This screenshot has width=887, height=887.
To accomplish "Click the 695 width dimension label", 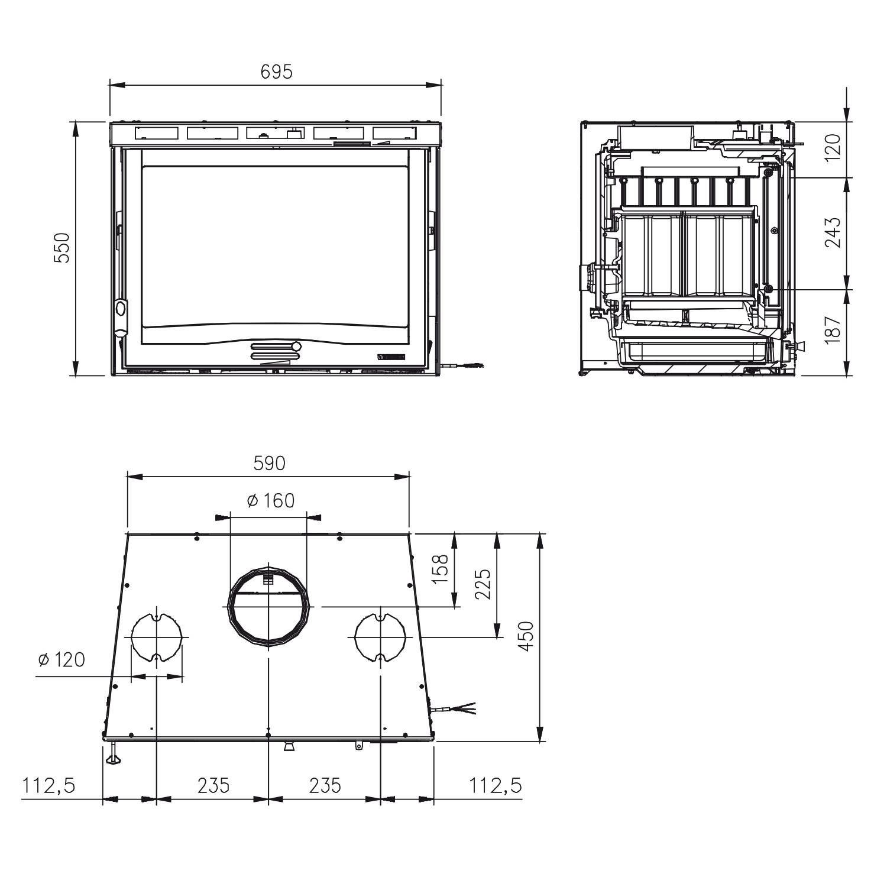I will tap(276, 72).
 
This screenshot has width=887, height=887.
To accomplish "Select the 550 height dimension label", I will tap(63, 248).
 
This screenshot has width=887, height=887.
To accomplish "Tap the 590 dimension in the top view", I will tap(269, 463).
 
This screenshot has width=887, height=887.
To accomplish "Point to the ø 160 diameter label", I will tap(270, 501).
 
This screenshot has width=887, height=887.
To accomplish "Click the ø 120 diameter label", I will tap(61, 659).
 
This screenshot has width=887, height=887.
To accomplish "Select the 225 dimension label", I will tap(483, 584).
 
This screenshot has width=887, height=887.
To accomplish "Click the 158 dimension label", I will tap(441, 569).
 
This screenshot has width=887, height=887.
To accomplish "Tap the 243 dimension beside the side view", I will tap(832, 233).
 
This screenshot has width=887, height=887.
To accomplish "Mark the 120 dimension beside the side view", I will tap(832, 148).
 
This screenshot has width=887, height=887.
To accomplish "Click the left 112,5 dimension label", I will tap(49, 785).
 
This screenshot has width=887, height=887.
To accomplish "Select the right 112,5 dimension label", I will tap(496, 785).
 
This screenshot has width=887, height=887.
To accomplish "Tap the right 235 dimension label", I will tap(325, 785).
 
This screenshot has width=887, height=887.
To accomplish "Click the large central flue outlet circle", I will tap(268, 607).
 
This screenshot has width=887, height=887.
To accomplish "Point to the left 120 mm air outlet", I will tap(156, 637).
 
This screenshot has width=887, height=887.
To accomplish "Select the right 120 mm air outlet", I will tap(380, 637).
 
